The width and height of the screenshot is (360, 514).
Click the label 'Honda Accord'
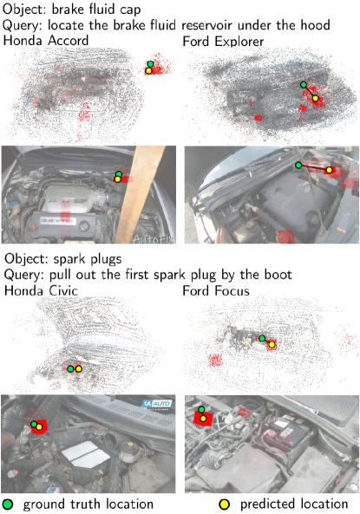click(x=46, y=41)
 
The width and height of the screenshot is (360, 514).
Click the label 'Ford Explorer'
click(x=223, y=42)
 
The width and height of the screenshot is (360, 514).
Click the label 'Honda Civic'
click(x=41, y=290)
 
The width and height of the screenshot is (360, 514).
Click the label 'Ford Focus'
click(x=216, y=290)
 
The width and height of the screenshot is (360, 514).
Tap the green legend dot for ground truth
click(x=8, y=504)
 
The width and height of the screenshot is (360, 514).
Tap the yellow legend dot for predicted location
click(x=225, y=504)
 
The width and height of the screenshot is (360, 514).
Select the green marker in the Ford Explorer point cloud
click(x=304, y=85)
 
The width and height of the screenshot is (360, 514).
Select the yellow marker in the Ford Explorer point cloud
click(x=315, y=98)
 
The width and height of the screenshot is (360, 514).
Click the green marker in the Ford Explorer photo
click(x=298, y=165)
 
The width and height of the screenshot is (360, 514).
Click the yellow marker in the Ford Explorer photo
click(x=329, y=170)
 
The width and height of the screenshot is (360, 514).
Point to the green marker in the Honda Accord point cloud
click(x=150, y=64)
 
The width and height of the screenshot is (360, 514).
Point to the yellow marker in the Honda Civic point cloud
click(x=78, y=368)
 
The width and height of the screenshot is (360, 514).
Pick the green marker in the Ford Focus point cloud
click(x=262, y=338)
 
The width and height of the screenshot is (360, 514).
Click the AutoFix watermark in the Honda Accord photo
click(x=154, y=238)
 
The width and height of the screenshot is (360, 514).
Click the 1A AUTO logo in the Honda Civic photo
click(x=157, y=404)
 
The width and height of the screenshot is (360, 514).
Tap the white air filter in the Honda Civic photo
click(x=86, y=453)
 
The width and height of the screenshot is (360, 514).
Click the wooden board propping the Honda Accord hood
click(x=140, y=194)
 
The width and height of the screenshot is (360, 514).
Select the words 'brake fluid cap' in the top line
click(x=96, y=10)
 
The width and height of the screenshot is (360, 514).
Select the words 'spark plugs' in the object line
click(x=88, y=259)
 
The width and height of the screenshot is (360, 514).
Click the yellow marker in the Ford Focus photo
click(x=203, y=419)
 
